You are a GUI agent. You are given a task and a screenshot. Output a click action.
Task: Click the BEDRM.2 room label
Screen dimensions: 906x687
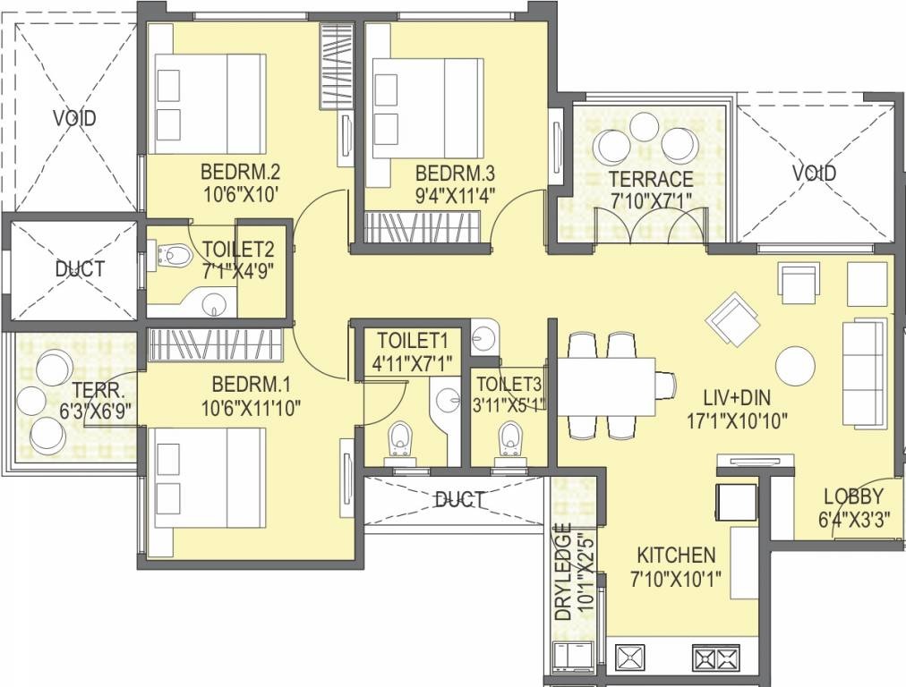pyautogui.click(x=240, y=172)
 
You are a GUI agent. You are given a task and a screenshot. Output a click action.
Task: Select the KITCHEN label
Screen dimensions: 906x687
pyautogui.click(x=676, y=556)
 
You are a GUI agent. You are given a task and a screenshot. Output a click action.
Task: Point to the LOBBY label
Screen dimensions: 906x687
pyautogui.click(x=853, y=496)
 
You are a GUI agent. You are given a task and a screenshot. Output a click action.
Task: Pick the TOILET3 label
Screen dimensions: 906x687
pyautogui.click(x=509, y=384)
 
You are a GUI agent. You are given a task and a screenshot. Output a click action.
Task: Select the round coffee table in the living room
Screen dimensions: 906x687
pyautogui.click(x=796, y=366)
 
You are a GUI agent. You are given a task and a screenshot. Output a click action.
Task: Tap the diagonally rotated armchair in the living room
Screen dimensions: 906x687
pyautogui.click(x=732, y=319)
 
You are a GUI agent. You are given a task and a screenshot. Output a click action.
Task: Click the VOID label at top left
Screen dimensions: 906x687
pyautogui.click(x=74, y=118)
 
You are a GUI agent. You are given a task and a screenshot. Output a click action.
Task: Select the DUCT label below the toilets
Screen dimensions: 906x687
pyautogui.click(x=460, y=500)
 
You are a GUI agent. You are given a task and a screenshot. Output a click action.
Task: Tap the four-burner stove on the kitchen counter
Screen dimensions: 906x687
pyautogui.click(x=716, y=657)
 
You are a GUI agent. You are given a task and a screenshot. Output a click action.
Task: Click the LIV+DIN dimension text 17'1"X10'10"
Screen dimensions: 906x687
pyautogui.click(x=737, y=421)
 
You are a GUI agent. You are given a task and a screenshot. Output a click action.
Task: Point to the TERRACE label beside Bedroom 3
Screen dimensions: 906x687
pyautogui.click(x=651, y=179)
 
